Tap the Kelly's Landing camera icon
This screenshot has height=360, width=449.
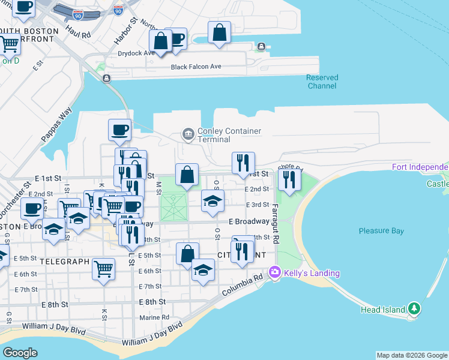pos(275,272)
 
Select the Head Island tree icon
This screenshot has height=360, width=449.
pos(414,308)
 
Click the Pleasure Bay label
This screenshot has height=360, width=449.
pos(381,231)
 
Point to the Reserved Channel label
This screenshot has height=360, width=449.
pos(322,82)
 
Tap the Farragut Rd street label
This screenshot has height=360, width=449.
pos(275,224)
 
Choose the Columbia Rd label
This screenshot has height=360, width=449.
pos(242,285)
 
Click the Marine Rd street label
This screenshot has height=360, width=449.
pos(154,317)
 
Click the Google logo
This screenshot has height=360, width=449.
pos(20,352)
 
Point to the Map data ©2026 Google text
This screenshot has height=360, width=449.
pos(412,355)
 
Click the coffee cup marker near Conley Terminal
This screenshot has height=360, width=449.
pos(119,130)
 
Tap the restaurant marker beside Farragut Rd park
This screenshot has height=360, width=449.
pos(289,180)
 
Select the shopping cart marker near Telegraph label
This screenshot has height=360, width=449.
pos(104,268)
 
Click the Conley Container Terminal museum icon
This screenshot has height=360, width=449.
pos(188,133)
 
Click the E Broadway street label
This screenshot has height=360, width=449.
pos(249,221)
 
